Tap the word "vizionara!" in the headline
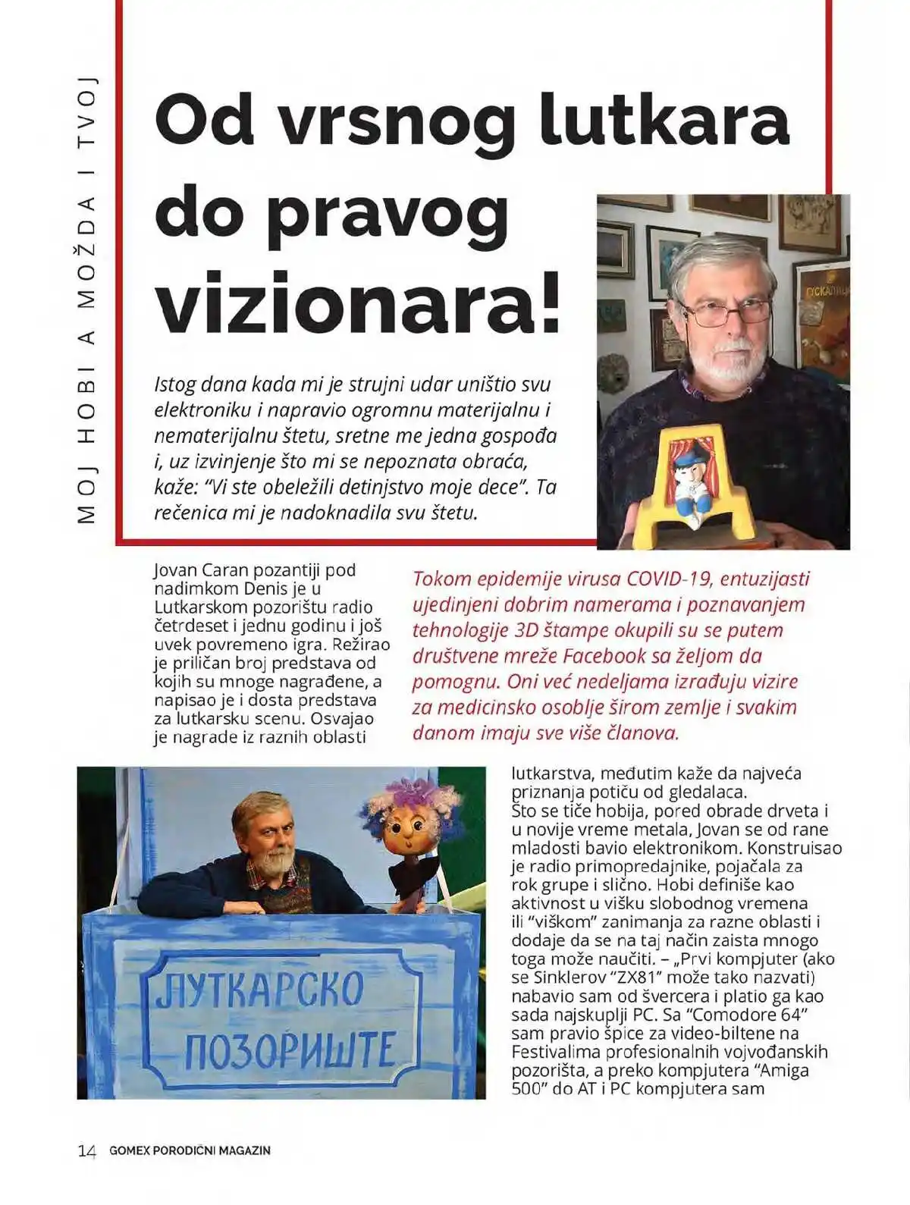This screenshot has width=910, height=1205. point(358,304)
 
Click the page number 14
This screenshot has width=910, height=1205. point(87,1150)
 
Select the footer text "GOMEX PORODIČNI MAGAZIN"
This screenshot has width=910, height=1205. point(190,1150)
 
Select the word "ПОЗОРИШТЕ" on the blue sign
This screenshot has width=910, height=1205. point(290,1050)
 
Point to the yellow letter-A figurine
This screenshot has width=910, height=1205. point(705,485)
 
